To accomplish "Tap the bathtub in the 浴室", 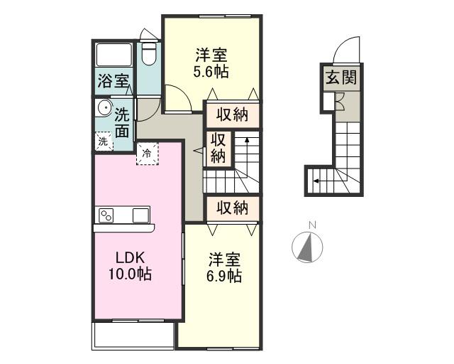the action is [114, 55].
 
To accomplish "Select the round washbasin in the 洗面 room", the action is [104, 108].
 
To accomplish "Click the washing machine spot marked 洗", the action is [104, 141].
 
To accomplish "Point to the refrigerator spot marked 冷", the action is [148, 154].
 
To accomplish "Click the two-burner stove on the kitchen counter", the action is [106, 215].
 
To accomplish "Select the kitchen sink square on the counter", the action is [141, 215].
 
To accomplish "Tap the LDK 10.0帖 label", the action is [130, 265].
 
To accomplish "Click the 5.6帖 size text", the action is [211, 72].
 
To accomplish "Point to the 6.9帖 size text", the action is [224, 276].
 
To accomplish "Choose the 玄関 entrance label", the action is [341, 77].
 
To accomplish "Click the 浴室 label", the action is [113, 81].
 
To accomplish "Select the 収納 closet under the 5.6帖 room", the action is [233, 115].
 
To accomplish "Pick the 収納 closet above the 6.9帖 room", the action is [233, 208].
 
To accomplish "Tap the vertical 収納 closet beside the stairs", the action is [218, 149].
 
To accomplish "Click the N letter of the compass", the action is [312, 225].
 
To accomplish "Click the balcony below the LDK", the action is [133, 336].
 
